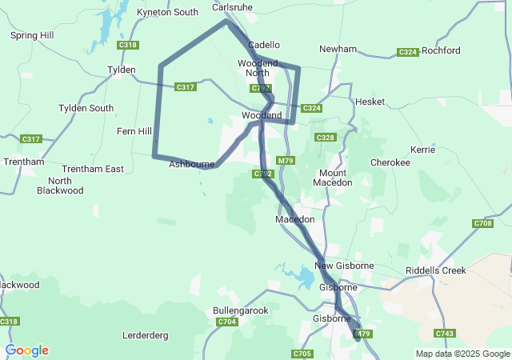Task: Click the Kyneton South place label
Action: click(167, 12)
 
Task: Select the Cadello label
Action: click(264, 45)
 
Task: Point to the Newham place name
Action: click(338, 49)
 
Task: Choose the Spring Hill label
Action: click(32, 35)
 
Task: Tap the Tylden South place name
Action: click(86, 108)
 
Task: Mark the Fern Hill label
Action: click(134, 131)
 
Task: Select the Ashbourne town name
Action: click(190, 164)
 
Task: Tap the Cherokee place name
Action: click(390, 162)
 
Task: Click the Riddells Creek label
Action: click(436, 270)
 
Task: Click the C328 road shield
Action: click(325, 138)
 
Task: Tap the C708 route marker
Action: click(482, 223)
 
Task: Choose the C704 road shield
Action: click(227, 322)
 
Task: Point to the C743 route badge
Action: click(445, 333)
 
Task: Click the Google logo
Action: click(26, 350)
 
